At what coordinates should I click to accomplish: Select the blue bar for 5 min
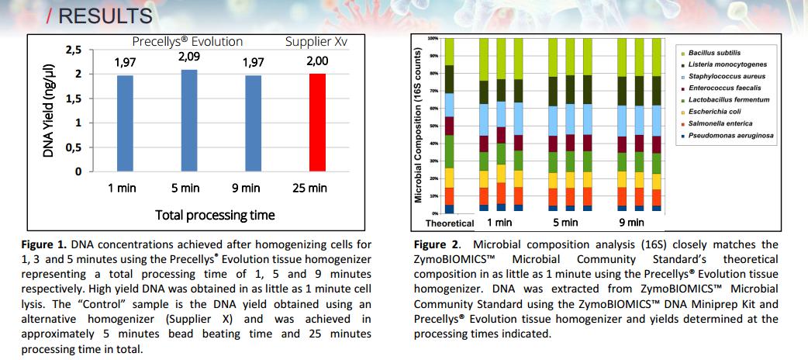click(x=189, y=120)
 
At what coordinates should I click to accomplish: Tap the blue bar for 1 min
click(x=126, y=123)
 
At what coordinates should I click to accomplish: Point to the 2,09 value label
click(x=189, y=57)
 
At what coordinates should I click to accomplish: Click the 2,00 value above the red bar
click(x=317, y=61)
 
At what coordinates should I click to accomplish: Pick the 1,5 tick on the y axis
click(x=72, y=99)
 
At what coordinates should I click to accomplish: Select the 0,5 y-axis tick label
click(x=72, y=147)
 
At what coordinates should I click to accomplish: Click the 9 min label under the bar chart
click(x=246, y=188)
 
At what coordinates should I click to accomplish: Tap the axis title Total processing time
click(x=215, y=214)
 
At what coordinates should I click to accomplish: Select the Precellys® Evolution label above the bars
click(x=187, y=41)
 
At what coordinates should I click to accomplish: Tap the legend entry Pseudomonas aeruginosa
click(x=730, y=135)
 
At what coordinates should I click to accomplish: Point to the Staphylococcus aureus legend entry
click(x=727, y=76)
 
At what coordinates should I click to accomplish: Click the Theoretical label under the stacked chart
click(x=449, y=223)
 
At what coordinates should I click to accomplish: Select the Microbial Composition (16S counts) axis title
click(x=419, y=126)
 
